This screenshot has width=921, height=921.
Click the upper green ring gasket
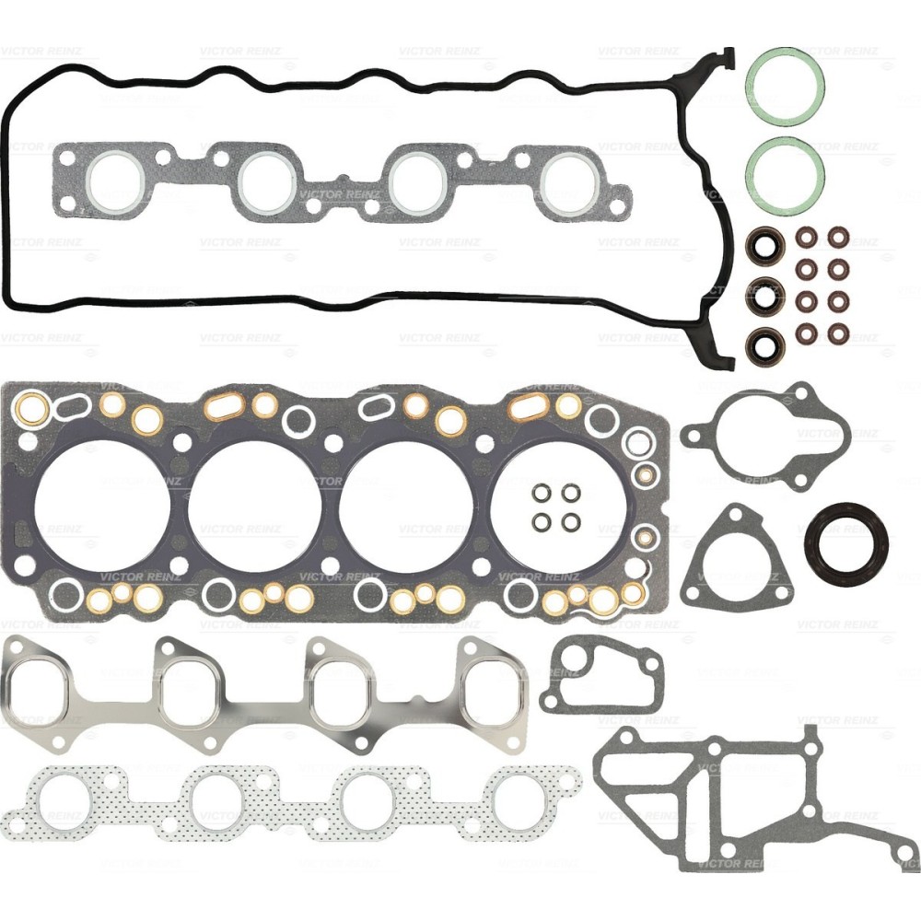click(785, 86)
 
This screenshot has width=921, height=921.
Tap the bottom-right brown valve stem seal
click(837, 332)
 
